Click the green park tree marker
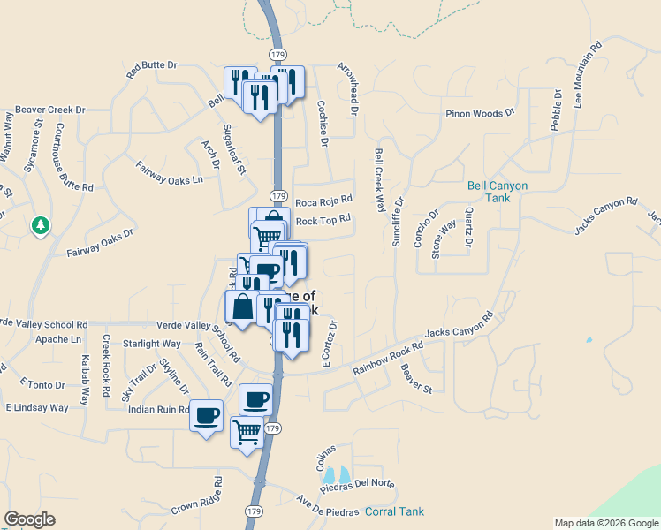(40, 226)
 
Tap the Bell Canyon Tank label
(497, 192)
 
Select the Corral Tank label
(395, 511)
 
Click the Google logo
(29, 519)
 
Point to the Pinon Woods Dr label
(480, 114)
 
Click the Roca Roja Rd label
(323, 201)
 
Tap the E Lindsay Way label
(37, 408)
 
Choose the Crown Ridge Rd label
(195, 501)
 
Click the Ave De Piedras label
(327, 506)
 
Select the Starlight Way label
(152, 344)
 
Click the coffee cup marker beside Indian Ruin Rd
(207, 413)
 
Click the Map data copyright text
(606, 523)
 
